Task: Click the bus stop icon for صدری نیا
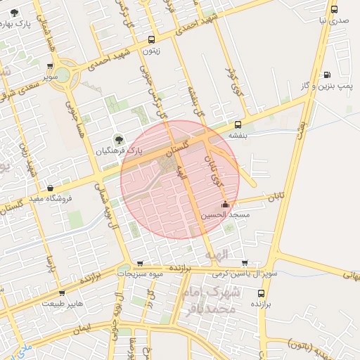pyautogui.click(x=334, y=10)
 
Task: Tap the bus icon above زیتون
pyautogui.click(x=151, y=39)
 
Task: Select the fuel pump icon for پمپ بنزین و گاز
pyautogui.click(x=326, y=75)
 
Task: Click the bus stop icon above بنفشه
pyautogui.click(x=238, y=124)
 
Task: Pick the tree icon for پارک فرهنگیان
pyautogui.click(x=117, y=139)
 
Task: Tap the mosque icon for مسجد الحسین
pyautogui.click(x=225, y=205)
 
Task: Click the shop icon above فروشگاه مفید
pyautogui.click(x=51, y=188)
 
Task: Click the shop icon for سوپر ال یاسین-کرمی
pyautogui.click(x=244, y=262)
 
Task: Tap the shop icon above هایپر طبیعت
pyautogui.click(x=62, y=293)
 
